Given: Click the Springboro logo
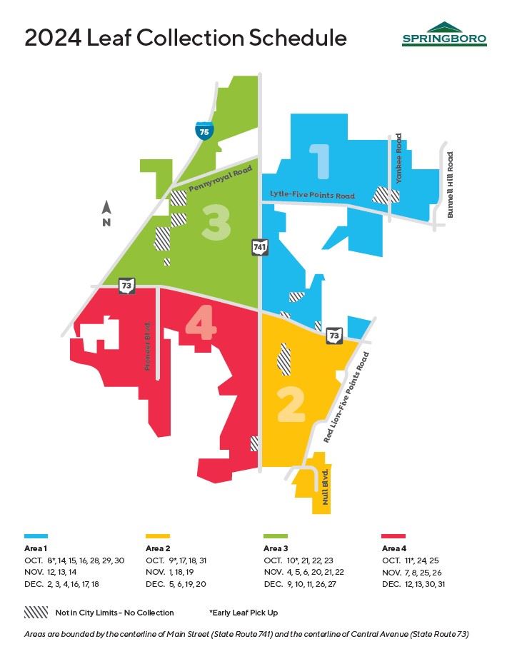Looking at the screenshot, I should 444,34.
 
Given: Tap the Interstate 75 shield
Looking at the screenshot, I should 204,131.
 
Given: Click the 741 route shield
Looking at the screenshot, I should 259,247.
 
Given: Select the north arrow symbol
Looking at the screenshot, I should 106,212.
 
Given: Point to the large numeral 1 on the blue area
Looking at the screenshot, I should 319,161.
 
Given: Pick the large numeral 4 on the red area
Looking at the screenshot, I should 201,325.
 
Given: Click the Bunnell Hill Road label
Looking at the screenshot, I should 450,184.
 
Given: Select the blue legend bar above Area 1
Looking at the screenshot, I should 36,535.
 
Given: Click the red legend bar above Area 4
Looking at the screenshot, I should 393,535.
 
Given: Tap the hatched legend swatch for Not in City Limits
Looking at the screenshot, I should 36,612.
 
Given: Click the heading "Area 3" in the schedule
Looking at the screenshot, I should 276,548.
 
